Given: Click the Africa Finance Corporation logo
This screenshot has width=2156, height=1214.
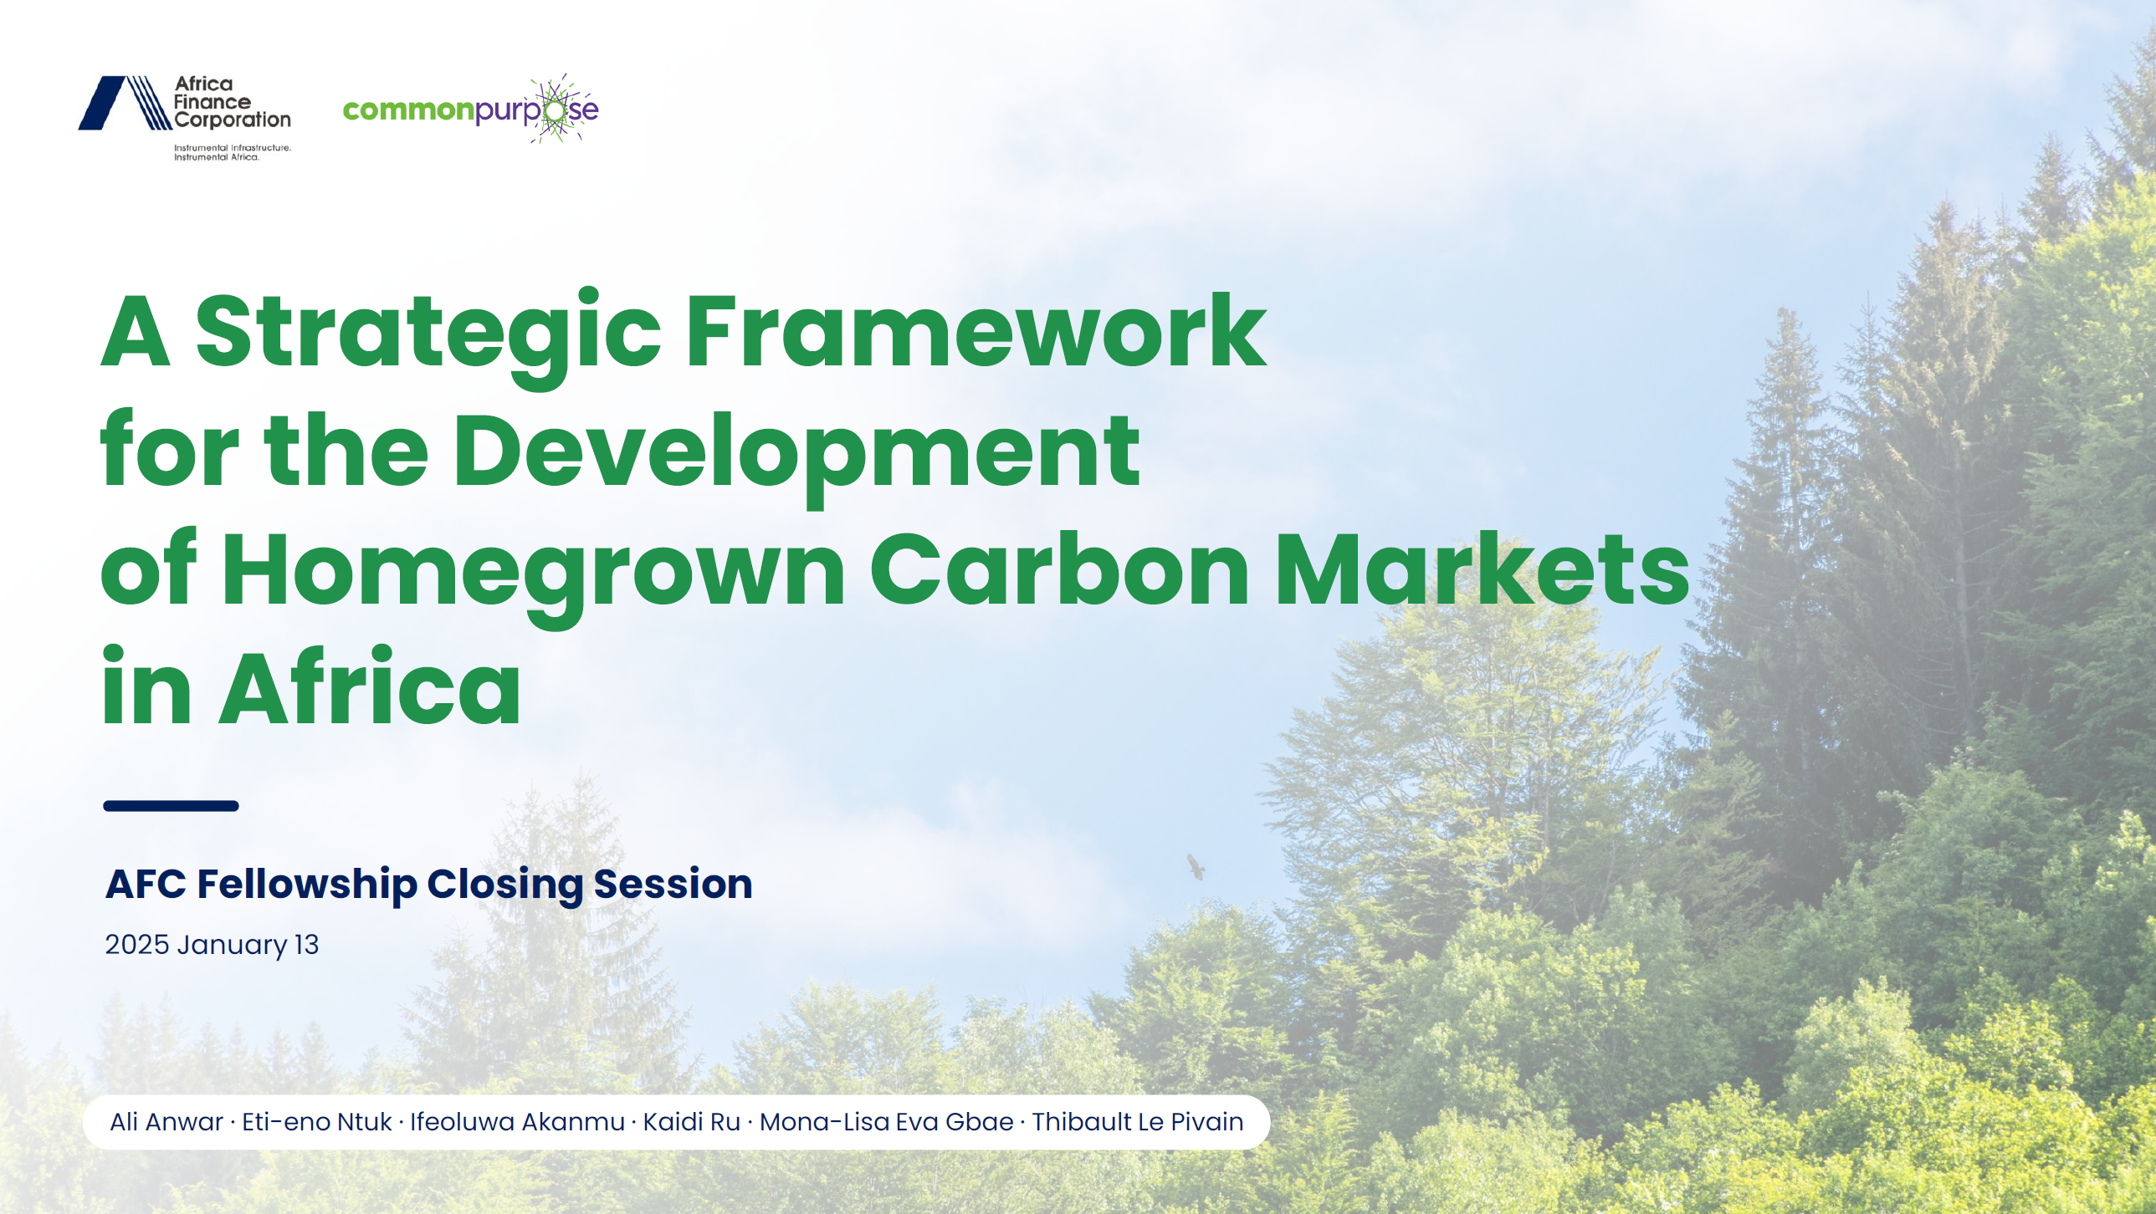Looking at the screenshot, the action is [185, 117].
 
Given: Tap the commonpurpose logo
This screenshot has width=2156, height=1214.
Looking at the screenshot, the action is [470, 109].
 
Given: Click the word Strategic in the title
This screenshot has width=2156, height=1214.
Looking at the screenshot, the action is [428, 335].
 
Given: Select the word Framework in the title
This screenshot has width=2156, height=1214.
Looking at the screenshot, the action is [976, 331].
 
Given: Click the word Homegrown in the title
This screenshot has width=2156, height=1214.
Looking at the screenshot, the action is [533, 575].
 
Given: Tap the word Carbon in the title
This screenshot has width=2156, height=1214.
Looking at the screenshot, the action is [1059, 569].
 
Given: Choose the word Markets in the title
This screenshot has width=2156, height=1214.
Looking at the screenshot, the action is [1483, 569].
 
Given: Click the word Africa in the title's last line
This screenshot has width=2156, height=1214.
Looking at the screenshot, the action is [370, 688].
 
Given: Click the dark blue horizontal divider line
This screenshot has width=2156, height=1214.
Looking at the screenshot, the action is [171, 806].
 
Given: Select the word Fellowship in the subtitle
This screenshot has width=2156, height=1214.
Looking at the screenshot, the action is [307, 885].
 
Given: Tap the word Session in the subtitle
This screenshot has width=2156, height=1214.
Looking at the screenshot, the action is [673, 884].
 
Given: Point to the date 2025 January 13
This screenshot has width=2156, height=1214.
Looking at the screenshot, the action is [212, 946].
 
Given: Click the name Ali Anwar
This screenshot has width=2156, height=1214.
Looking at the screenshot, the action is [166, 1122].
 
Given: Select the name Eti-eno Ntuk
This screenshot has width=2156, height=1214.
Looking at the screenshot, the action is [316, 1122].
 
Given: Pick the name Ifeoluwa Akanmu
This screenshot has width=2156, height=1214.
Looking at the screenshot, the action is [517, 1122].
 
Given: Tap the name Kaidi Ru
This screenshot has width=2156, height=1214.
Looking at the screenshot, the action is [691, 1122].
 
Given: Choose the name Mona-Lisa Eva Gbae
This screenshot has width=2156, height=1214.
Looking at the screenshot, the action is [886, 1122].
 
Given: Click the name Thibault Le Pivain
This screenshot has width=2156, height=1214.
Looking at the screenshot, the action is [1138, 1122].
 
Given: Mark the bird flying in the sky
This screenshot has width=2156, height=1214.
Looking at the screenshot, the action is [1196, 867].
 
